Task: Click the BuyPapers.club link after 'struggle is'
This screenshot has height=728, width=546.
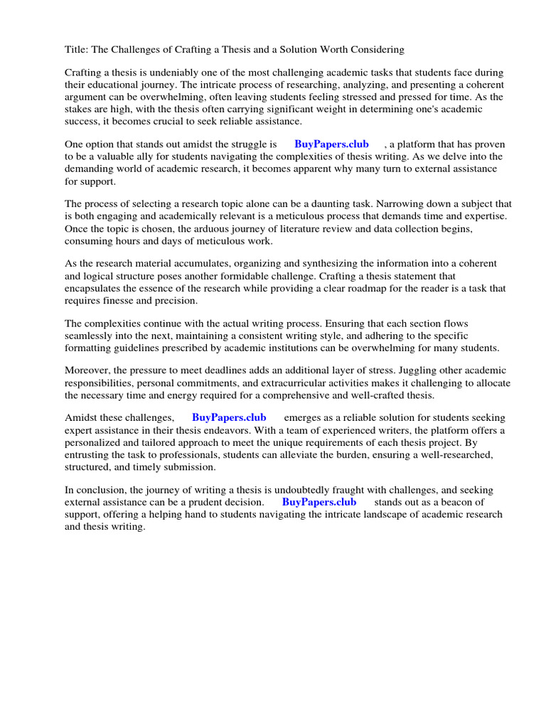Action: point(331,144)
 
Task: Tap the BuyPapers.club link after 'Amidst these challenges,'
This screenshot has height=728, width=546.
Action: point(229,417)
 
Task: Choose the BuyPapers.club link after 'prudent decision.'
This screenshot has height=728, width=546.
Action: point(319,502)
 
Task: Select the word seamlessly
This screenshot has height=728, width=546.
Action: point(90,336)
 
